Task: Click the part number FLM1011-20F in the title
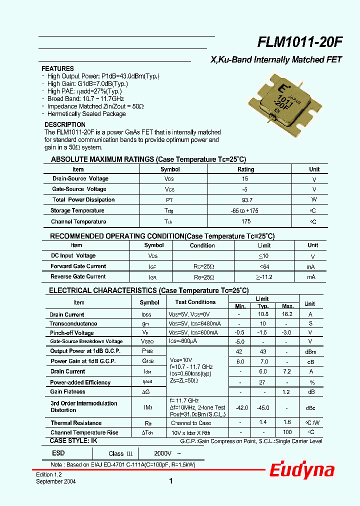point(299,43)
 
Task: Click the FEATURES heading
point(57,68)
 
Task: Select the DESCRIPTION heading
point(65,124)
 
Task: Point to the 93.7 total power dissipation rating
point(246,200)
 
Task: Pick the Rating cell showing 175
point(246,221)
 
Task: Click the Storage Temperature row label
point(77,211)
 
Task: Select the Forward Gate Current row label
point(78,266)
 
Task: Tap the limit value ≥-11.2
point(264,277)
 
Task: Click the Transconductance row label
point(73,324)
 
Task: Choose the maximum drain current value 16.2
point(287,314)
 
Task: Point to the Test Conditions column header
point(195,302)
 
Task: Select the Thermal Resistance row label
point(76,423)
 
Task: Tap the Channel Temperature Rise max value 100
point(287,432)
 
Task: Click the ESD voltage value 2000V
point(162,453)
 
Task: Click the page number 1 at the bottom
point(171,481)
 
